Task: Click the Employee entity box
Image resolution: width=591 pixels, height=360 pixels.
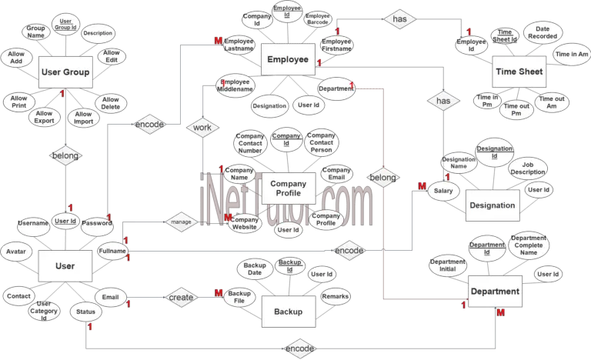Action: click(288, 59)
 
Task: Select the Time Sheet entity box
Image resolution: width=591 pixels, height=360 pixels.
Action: click(519, 72)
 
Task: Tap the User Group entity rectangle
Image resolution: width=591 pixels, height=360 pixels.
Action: click(65, 72)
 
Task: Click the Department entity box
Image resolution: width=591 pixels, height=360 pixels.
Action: click(494, 292)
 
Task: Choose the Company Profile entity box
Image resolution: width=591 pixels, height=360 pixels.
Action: click(288, 188)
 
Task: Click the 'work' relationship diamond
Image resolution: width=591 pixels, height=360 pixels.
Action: click(202, 127)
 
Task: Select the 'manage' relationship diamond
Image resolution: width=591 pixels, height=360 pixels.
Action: click(181, 222)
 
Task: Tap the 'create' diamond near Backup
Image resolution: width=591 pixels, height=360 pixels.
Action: click(182, 297)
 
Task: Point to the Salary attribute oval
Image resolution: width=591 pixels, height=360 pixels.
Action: click(442, 192)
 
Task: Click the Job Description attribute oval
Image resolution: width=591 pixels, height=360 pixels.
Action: click(528, 168)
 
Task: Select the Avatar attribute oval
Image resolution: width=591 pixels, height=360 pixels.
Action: click(16, 252)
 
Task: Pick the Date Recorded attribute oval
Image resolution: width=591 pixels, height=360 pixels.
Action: click(543, 32)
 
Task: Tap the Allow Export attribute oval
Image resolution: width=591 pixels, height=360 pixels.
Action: click(44, 118)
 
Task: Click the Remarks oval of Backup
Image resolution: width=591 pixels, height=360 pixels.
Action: click(336, 295)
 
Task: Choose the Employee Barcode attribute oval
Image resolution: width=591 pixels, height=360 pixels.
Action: click(318, 19)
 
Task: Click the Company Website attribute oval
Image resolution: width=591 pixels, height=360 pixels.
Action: click(244, 223)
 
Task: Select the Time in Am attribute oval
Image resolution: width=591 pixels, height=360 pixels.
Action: click(572, 55)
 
